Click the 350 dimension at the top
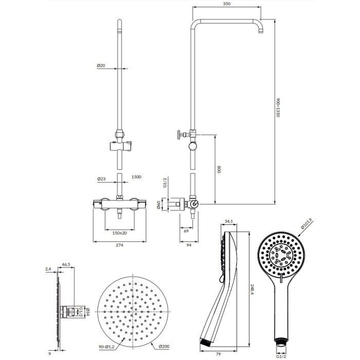[x=226, y=4]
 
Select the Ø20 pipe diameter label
[x=101, y=65]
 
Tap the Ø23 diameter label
[x=101, y=179]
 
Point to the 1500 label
[x=136, y=177]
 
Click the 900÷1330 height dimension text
[x=278, y=107]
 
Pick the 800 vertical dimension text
[x=219, y=169]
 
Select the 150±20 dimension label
[x=120, y=233]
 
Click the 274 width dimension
[x=119, y=245]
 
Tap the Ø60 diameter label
[x=158, y=205]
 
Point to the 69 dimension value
[x=186, y=231]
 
